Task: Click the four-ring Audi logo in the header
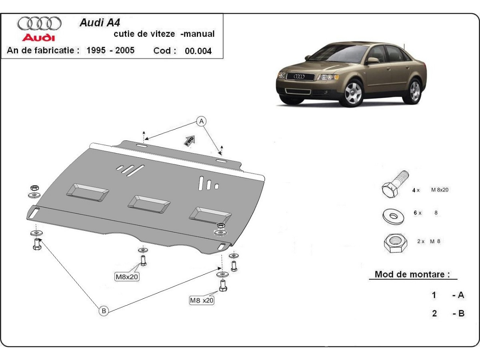point(39,23)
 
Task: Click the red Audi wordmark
point(38,38)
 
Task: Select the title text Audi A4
point(96,22)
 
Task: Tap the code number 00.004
point(198,51)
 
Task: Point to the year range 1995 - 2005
point(110,50)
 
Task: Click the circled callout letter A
point(202,121)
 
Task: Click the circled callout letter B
point(104,310)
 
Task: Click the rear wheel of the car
point(415,90)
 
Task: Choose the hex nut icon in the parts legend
point(394,242)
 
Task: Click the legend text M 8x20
point(439,190)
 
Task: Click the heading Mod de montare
point(412,275)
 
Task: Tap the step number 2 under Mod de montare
point(434,314)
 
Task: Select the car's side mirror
point(372,60)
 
